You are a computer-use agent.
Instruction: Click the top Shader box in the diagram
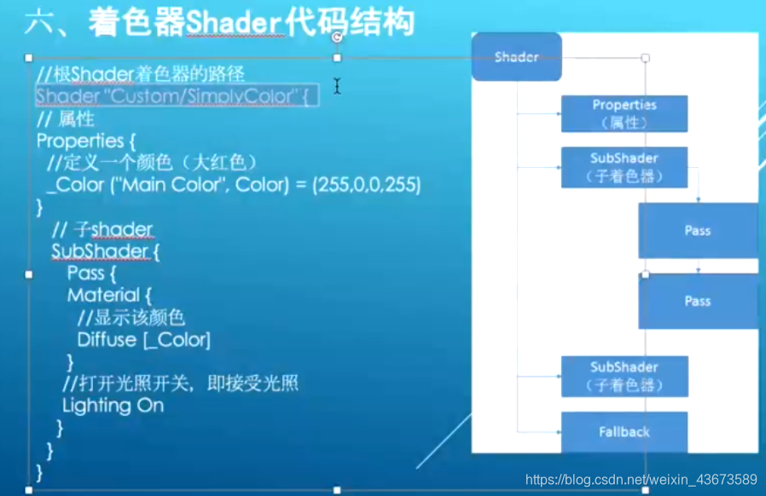click(516, 57)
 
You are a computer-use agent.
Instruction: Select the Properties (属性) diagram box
click(624, 113)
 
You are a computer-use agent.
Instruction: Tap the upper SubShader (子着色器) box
click(624, 167)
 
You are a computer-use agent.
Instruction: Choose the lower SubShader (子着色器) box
click(624, 376)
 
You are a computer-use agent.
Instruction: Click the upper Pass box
click(697, 230)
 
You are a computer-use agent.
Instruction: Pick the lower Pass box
click(697, 301)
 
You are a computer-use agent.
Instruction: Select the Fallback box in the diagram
click(624, 432)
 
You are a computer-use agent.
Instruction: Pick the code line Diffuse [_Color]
click(143, 339)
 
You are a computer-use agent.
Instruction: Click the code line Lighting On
click(113, 406)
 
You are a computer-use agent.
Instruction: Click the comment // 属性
click(66, 119)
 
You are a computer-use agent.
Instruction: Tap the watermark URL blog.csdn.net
click(641, 480)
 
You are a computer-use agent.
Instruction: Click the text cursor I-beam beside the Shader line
click(337, 86)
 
